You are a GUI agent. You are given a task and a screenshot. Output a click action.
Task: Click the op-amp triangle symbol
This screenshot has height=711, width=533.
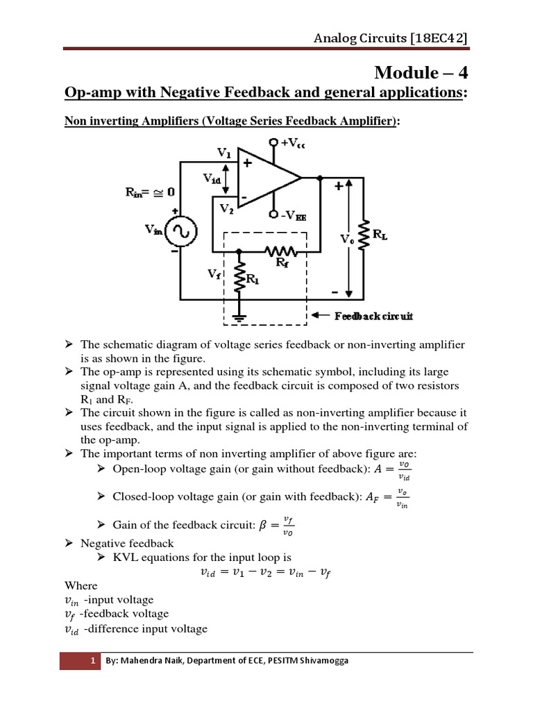tap(267, 178)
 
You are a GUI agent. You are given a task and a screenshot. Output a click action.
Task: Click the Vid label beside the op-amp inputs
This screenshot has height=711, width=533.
tap(214, 178)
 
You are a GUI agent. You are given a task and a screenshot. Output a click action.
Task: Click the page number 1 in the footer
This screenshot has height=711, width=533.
tap(92, 661)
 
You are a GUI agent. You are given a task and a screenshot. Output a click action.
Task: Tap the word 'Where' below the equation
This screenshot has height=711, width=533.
tap(81, 585)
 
